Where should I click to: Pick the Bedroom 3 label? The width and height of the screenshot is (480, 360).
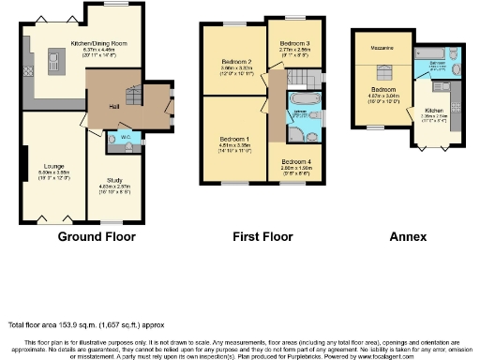coord(293,43)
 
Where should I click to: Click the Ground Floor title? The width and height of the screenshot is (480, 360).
coord(97,238)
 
